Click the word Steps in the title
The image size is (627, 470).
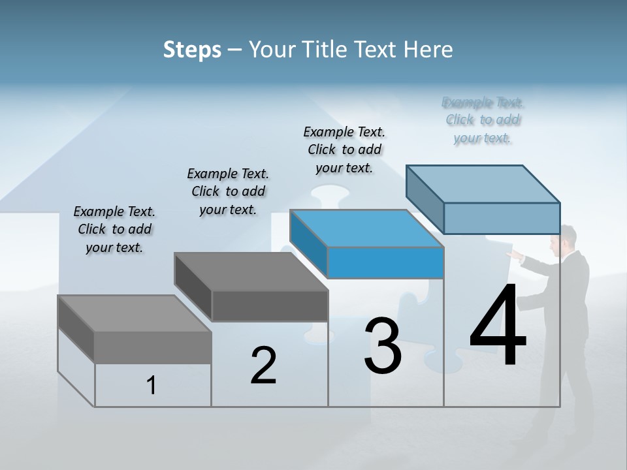coord(192,50)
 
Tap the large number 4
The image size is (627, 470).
coord(498,326)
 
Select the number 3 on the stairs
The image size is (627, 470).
coord(382,346)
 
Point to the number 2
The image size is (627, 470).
coord(263,366)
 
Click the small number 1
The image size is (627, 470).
coord(152,386)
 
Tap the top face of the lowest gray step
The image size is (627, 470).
coord(134,313)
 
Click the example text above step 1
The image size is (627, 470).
coord(114,229)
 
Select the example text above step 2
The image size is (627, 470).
coord(228,191)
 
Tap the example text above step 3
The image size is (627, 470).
coord(344,149)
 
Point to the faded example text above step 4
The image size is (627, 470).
coord(483,120)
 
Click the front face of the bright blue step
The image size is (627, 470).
coord(385,263)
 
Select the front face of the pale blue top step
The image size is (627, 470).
coord(502,218)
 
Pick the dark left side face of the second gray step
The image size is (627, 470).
coord(193,287)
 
